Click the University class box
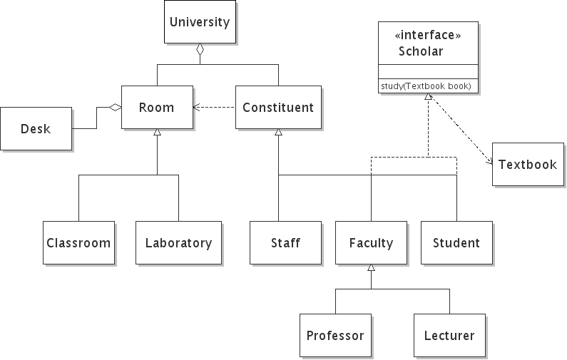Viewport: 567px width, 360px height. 200,21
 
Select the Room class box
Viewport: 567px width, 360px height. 157,108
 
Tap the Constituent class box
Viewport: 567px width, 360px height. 278,108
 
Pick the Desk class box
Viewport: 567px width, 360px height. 36,128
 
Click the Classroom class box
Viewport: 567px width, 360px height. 78,242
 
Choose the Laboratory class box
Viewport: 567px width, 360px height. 178,242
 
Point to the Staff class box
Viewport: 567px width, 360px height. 285,242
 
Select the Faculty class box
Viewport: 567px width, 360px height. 371,242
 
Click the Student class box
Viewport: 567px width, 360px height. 456,242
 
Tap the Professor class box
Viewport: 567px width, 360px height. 335,335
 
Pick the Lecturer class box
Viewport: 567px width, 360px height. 449,335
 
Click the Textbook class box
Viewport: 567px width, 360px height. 527,165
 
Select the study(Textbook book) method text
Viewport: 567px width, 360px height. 426,86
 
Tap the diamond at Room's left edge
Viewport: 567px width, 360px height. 115,108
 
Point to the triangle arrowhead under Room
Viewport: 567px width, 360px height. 157,133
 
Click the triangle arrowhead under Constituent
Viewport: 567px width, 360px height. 278,133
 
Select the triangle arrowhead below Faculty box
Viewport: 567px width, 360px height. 371,268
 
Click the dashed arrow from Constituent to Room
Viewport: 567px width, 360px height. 215,108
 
